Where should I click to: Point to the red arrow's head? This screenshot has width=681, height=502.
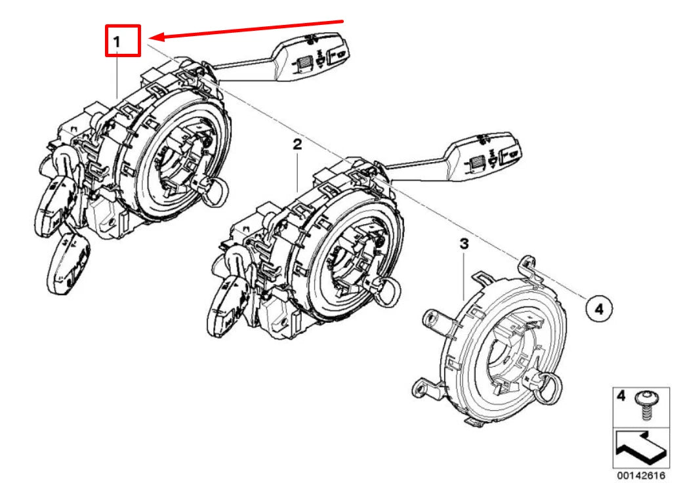pos(155,37)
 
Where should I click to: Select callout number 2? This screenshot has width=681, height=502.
pos(297,144)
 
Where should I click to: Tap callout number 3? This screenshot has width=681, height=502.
pos(464,243)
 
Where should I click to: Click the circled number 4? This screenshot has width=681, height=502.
pos(599,309)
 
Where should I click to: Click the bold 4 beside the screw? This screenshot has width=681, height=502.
pos(621,396)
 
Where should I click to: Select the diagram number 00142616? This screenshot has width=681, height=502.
pos(641,476)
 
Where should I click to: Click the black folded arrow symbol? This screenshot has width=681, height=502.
pos(641,448)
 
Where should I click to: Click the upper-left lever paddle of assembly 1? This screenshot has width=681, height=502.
pos(56,205)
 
